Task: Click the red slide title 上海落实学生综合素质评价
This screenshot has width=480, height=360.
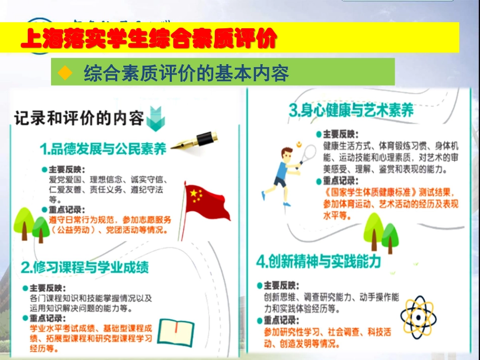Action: pyautogui.click(x=149, y=38)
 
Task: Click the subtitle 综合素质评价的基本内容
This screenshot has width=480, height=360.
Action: pyautogui.click(x=186, y=74)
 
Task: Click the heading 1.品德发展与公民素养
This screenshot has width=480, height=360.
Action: pyautogui.click(x=104, y=149)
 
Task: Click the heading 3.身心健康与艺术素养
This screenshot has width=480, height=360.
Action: pyautogui.click(x=352, y=111)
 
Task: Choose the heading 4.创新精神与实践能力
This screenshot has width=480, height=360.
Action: pyautogui.click(x=318, y=261)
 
